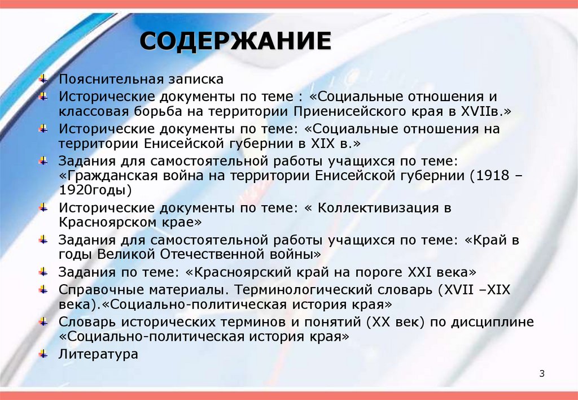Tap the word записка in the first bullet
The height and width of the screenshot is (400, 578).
click(x=194, y=79)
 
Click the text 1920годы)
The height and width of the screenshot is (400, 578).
click(x=94, y=189)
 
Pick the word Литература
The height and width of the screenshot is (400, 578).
click(x=98, y=355)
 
